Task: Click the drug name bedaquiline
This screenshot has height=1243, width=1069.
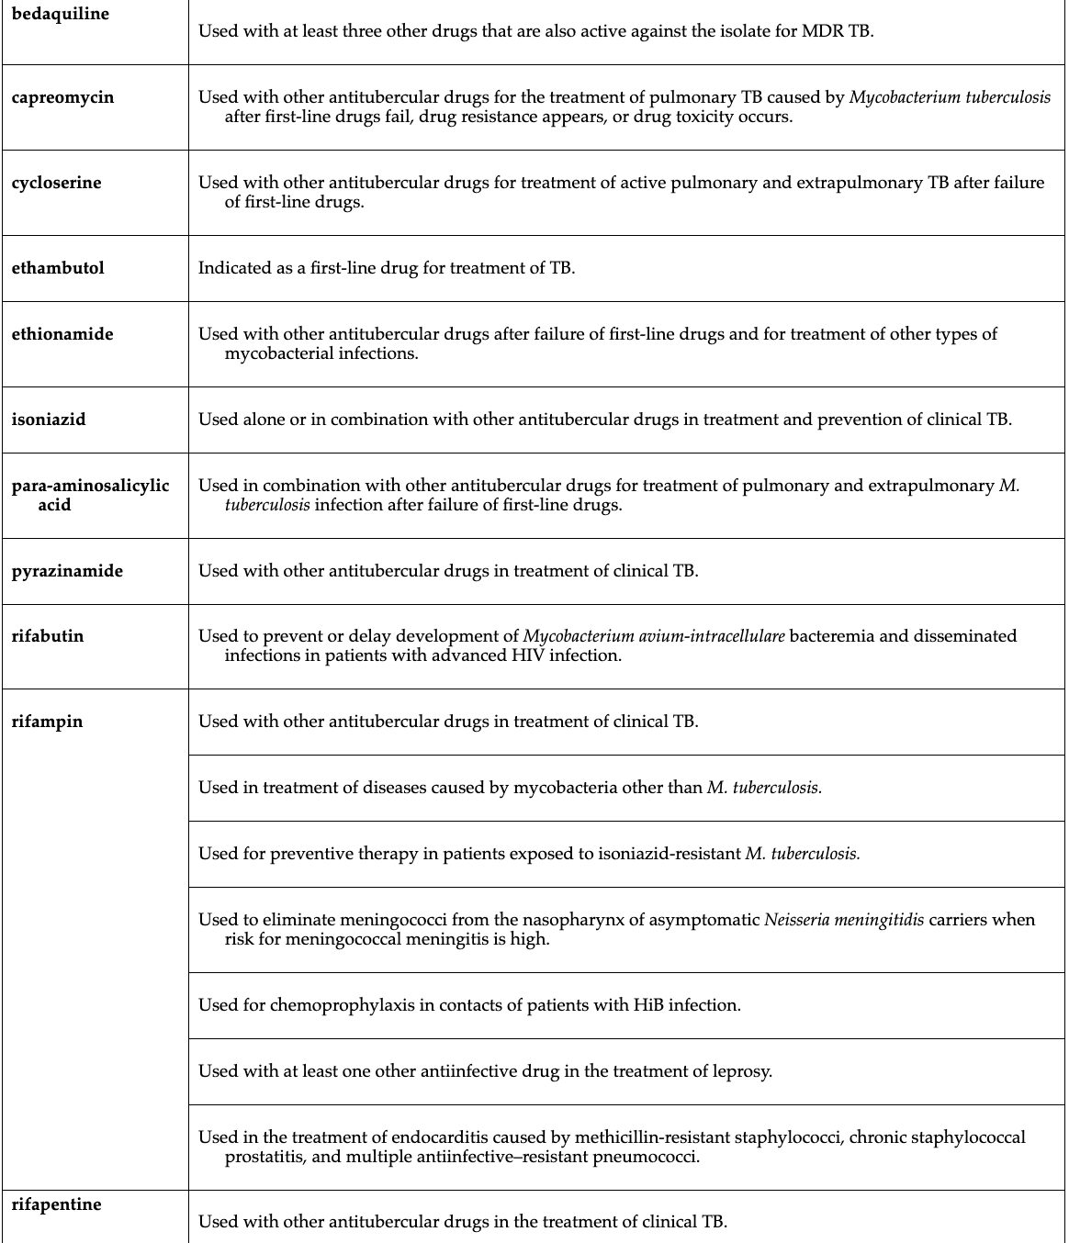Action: tap(60, 14)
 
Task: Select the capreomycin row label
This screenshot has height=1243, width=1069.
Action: tap(62, 97)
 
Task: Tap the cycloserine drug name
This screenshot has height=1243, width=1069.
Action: tap(56, 183)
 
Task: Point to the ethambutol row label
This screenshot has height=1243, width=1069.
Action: tap(58, 268)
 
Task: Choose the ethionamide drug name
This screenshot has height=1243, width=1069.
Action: tap(62, 334)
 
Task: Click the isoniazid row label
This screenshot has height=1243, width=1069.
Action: tap(49, 420)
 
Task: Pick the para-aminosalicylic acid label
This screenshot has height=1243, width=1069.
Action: tap(90, 495)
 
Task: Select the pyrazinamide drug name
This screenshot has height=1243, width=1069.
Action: tap(67, 571)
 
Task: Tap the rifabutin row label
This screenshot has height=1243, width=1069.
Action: tap(48, 636)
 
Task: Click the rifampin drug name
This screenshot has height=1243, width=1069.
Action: tap(47, 722)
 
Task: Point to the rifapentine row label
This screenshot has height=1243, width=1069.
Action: tap(56, 1204)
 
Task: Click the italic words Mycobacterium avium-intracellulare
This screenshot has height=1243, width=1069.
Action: tap(654, 636)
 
